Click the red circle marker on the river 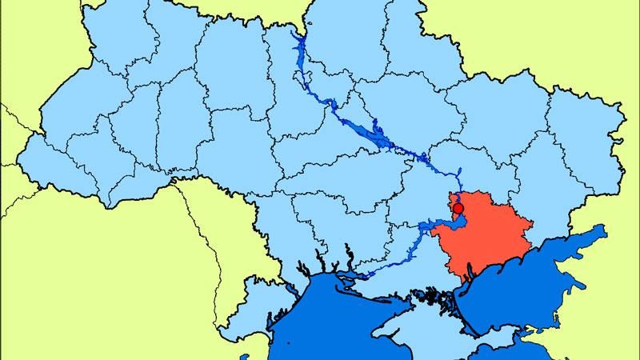pos(458,210)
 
